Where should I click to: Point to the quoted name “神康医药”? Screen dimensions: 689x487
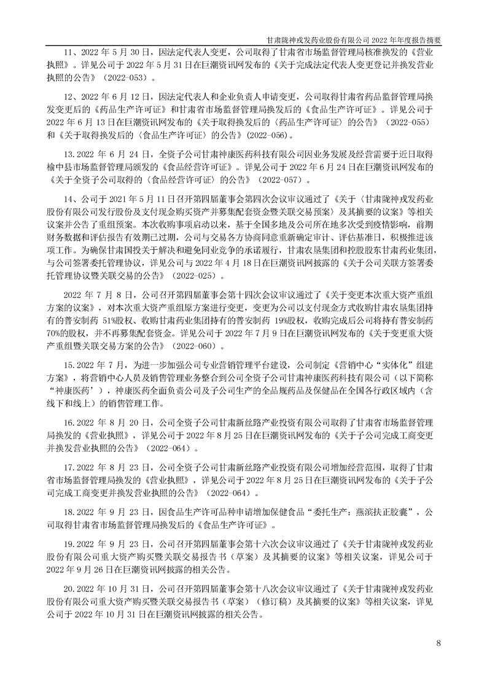click(76, 390)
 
